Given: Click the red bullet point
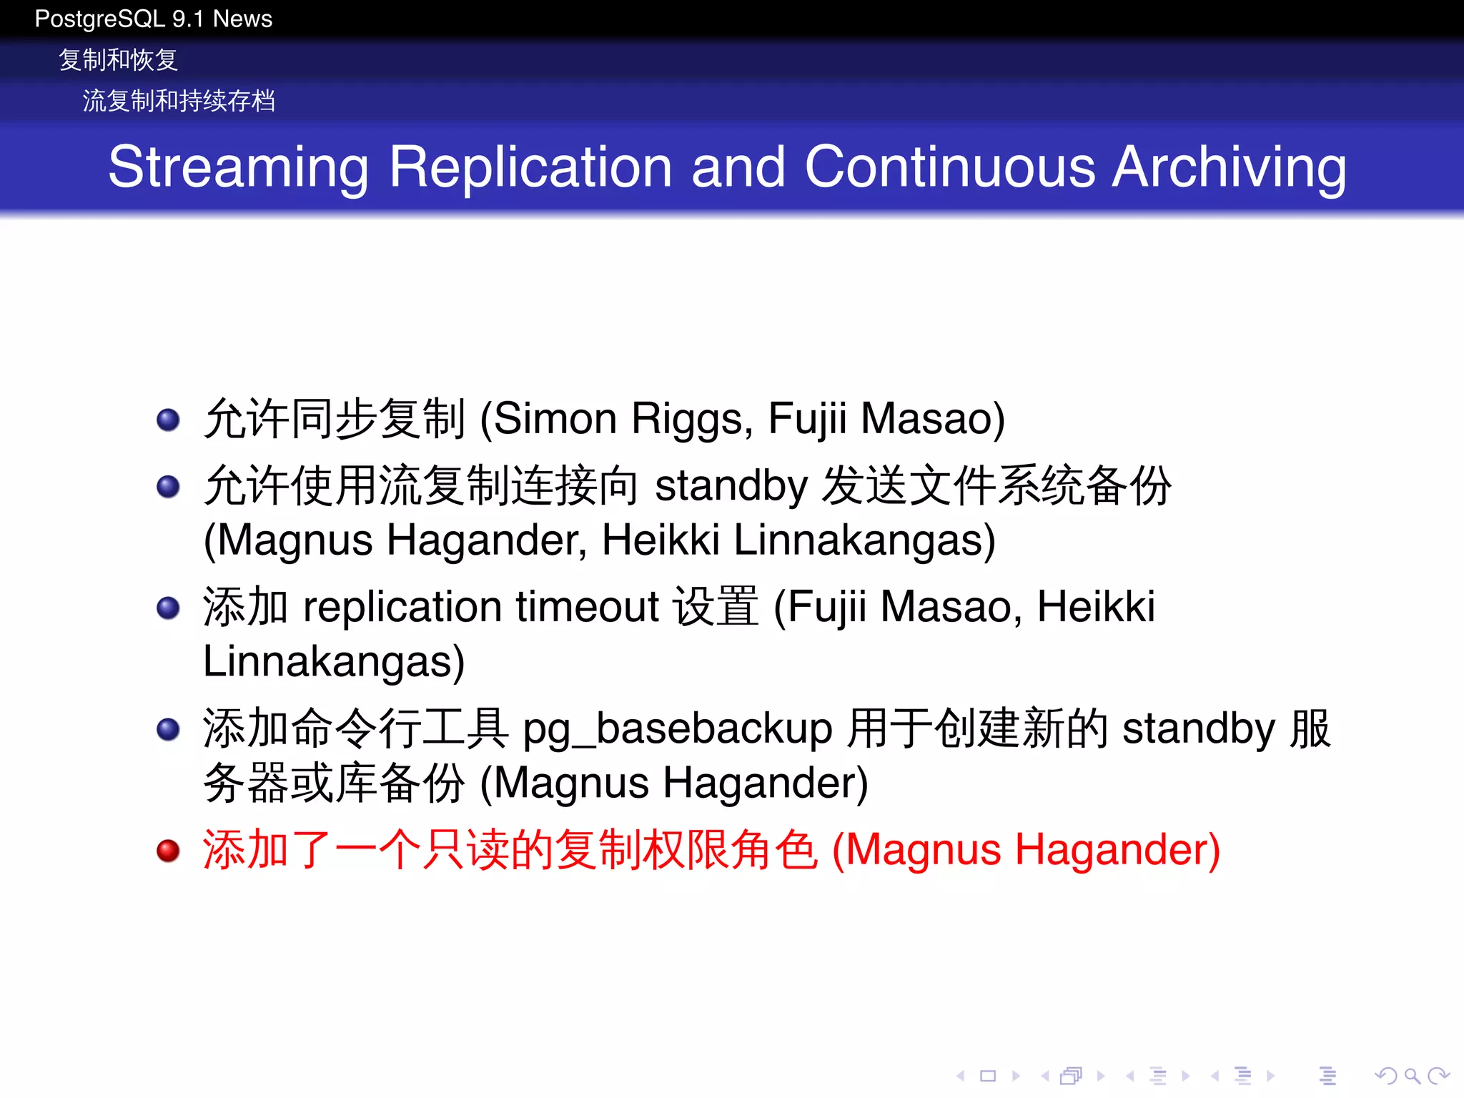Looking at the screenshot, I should pyautogui.click(x=168, y=851).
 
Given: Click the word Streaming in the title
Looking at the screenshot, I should pyautogui.click(x=238, y=168).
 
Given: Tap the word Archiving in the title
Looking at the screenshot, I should pyautogui.click(x=1230, y=168).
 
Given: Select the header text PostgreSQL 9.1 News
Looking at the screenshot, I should pyautogui.click(x=153, y=19).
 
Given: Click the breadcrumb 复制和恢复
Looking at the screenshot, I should pyautogui.click(x=118, y=60).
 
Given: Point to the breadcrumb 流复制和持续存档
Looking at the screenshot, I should pyautogui.click(x=179, y=101).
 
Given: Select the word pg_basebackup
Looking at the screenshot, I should pyautogui.click(x=678, y=730).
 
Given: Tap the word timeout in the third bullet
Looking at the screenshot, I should pyautogui.click(x=587, y=607).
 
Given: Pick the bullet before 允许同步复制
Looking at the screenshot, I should pyautogui.click(x=168, y=420).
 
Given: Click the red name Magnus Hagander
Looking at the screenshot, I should pyautogui.click(x=1026, y=851).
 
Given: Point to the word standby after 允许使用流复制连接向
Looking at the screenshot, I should pyautogui.click(x=731, y=486).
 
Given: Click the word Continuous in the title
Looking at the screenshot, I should pyautogui.click(x=949, y=168).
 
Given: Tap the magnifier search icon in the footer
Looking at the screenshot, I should pyautogui.click(x=1411, y=1076).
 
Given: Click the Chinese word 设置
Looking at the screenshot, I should pyautogui.click(x=716, y=607).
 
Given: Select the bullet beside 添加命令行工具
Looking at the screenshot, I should pyautogui.click(x=168, y=730).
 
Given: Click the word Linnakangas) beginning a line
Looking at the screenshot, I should pyautogui.click(x=334, y=662).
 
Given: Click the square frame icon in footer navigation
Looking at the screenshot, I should pyautogui.click(x=988, y=1076).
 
